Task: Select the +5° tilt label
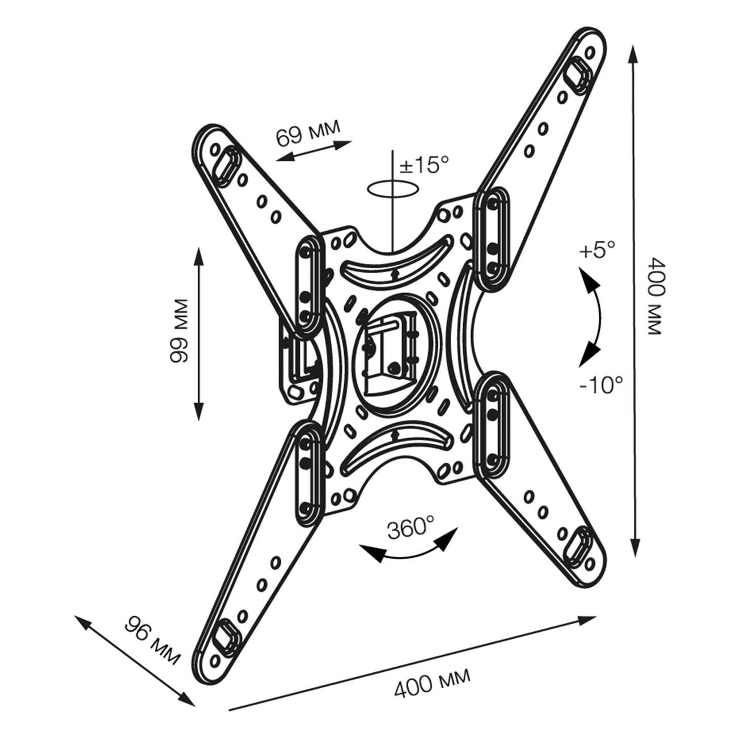point(596,250)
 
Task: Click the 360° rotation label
point(410,528)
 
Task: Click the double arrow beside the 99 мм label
point(198,333)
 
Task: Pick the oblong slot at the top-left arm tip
point(225,165)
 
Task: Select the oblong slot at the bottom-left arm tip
point(225,638)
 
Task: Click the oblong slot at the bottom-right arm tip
point(578,547)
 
